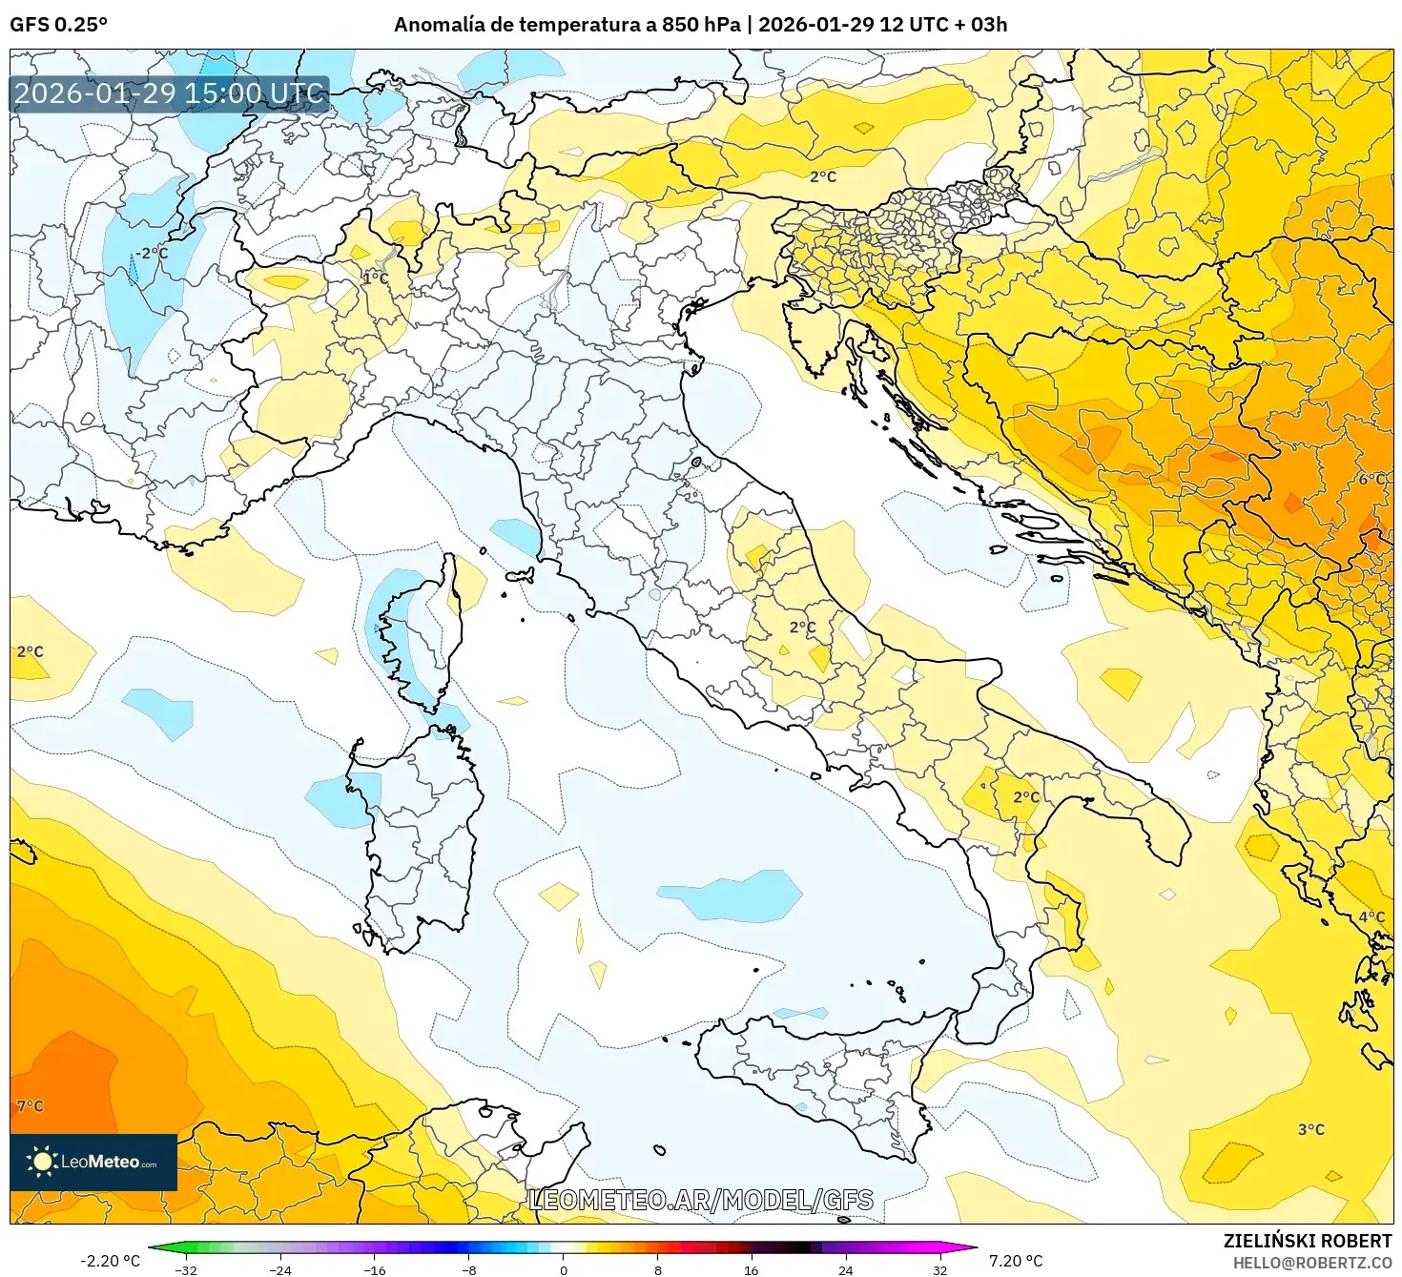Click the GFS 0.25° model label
[59, 25]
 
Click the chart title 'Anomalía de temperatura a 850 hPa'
[567, 25]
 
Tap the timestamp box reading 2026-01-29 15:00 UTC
[170, 93]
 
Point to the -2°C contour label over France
[151, 254]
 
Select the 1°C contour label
[376, 278]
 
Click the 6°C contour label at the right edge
[1371, 479]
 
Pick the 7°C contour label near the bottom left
[31, 1106]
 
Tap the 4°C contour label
[1371, 917]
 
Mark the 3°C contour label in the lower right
[1311, 1129]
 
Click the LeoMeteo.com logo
[93, 1162]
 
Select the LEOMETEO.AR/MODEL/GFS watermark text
[701, 1200]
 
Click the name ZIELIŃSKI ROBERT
[1308, 1241]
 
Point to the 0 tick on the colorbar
[564, 1269]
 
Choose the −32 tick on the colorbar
[187, 1269]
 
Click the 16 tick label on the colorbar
[752, 1269]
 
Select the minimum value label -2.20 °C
[110, 1261]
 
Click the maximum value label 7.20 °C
[1016, 1261]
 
